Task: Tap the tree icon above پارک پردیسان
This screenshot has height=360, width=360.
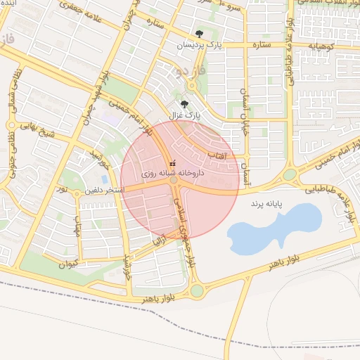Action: (x=200, y=34)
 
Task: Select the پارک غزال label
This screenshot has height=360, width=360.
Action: (x=187, y=114)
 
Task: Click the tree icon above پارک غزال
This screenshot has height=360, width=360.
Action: (x=184, y=104)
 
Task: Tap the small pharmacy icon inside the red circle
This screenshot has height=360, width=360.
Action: (x=172, y=164)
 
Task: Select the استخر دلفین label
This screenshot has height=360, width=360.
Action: (x=105, y=190)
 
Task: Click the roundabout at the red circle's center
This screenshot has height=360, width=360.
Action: (x=174, y=181)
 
